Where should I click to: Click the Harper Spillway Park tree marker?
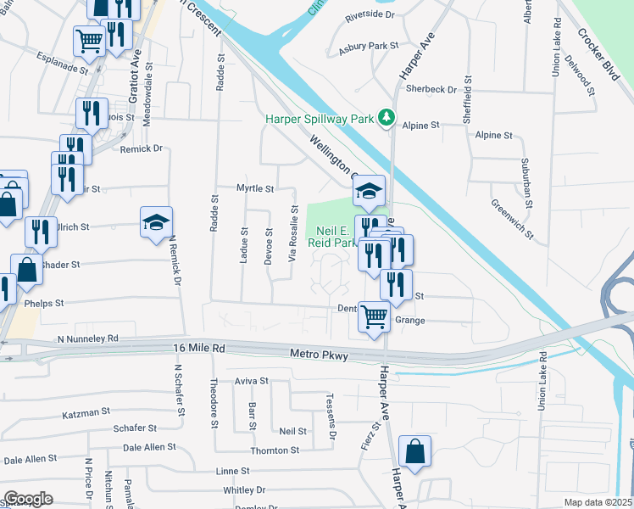pos(387,118)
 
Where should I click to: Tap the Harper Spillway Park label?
pos(319,119)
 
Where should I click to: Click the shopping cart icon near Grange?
pos(375,317)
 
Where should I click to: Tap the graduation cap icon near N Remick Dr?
pos(156,222)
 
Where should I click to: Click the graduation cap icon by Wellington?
pos(370,191)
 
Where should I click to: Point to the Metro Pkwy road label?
pos(319,355)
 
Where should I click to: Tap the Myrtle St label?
pos(255,188)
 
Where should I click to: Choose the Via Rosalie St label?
pos(294,232)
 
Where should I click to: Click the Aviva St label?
pos(251,382)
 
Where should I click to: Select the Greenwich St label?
pos(512,217)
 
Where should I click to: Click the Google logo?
pos(27,499)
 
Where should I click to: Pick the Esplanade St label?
pos(63,59)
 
